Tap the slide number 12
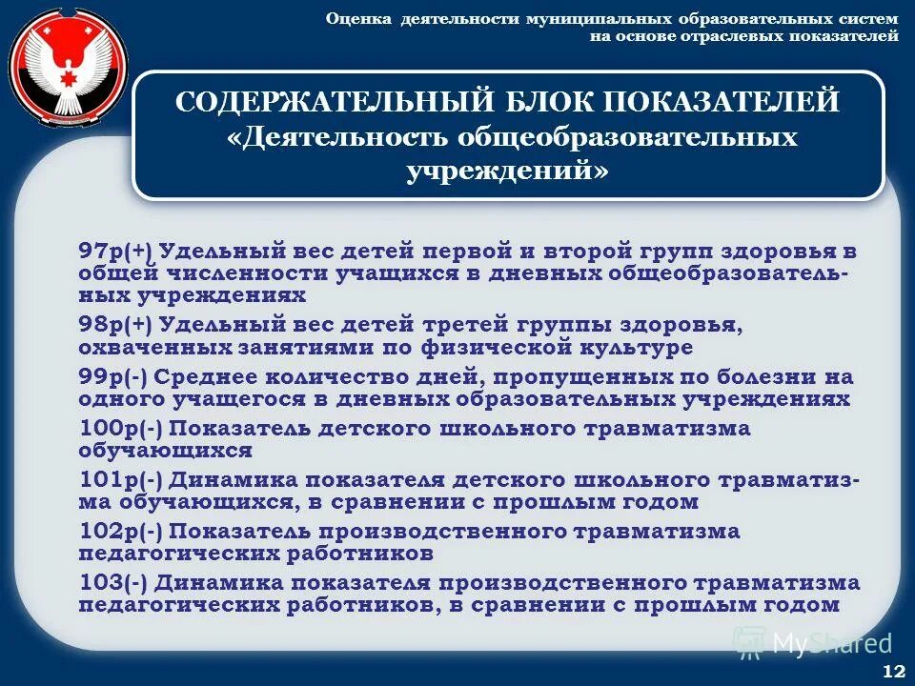point(894,671)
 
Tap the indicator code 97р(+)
point(116,252)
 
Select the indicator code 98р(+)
point(116,325)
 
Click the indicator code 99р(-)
point(113,376)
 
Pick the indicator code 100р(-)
point(120,428)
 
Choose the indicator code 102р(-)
point(120,531)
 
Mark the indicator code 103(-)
point(113,582)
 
